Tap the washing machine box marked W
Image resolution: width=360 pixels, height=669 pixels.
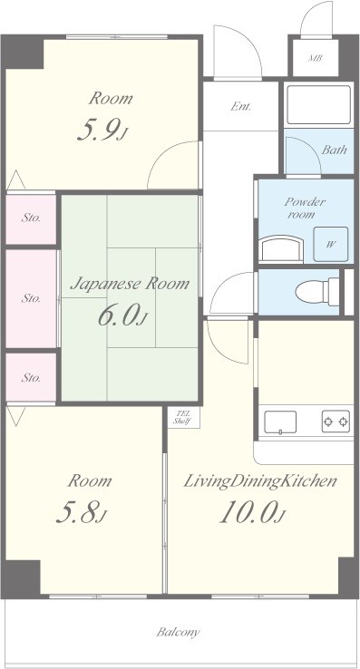pos(331,244)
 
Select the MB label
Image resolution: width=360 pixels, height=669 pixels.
pos(316,58)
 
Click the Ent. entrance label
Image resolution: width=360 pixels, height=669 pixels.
pos(241,106)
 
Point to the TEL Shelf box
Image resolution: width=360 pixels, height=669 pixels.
pos(183,417)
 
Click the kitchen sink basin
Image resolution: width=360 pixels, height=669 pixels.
pos(280,422)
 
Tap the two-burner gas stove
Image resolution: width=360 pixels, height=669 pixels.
pos(336,422)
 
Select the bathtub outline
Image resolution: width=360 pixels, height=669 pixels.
pos(319,104)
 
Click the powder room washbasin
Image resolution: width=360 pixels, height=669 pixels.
pos(281,248)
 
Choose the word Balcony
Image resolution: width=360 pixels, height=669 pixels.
pos(178,632)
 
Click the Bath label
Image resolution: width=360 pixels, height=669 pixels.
pos(334,150)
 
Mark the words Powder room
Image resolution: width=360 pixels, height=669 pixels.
pos(306,208)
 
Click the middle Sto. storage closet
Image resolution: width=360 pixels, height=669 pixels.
pos(31,298)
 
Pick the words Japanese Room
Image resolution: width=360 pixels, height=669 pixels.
pos(130,284)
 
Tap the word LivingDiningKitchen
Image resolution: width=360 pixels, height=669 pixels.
pos(260,481)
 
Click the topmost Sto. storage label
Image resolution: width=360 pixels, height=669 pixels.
pos(31,218)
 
